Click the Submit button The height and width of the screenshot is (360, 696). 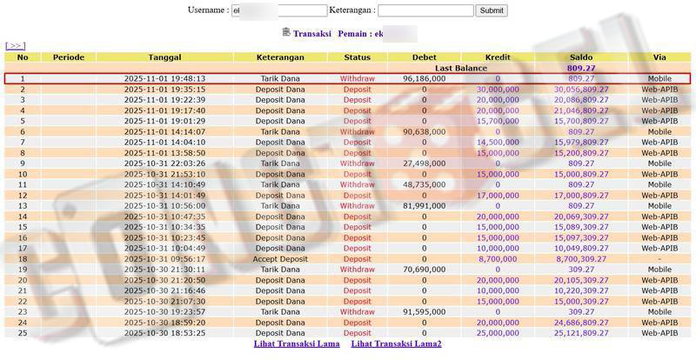492,10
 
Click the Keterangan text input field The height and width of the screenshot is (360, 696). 425,10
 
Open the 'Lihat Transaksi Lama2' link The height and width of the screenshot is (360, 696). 396,343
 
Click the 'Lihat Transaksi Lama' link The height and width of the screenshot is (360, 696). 297,343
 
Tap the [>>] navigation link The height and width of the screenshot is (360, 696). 15,45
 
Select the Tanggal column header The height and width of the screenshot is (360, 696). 164,57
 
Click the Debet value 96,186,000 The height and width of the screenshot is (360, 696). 425,78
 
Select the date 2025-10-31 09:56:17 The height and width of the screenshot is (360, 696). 164,258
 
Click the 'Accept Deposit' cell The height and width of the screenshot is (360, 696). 281,258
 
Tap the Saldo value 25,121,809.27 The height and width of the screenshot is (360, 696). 580,333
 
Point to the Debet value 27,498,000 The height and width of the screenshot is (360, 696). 425,163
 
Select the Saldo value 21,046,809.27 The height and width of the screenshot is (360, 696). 580,110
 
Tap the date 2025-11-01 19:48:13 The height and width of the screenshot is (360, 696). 164,78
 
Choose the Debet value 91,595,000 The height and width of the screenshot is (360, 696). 425,311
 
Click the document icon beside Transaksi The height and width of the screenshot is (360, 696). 286,32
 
